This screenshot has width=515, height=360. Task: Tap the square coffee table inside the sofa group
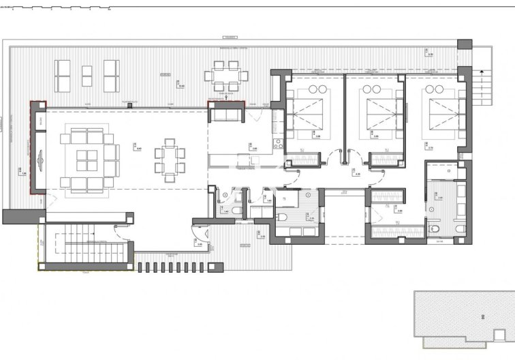[x=86, y=160]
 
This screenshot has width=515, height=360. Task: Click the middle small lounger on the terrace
[x=87, y=76]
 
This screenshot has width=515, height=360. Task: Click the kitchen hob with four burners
[x=277, y=144]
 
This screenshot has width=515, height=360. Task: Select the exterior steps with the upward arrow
[x=482, y=86]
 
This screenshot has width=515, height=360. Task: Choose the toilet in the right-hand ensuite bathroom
[x=434, y=226]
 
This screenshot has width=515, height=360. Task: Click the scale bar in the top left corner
[x=54, y=10]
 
